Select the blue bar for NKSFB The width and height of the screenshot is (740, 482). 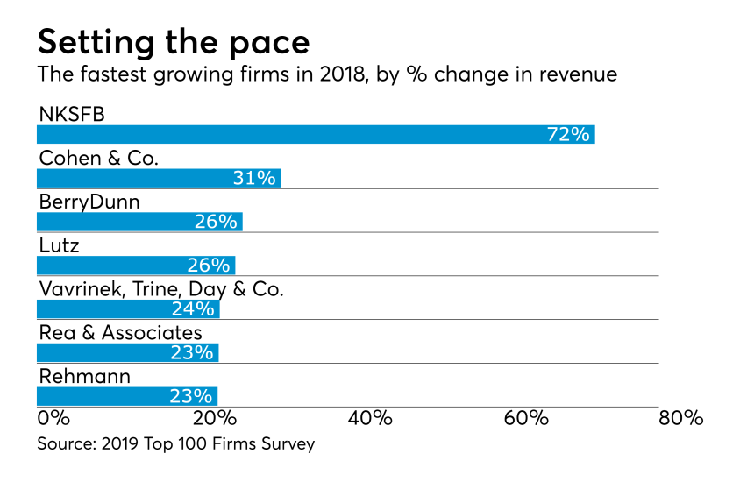316,134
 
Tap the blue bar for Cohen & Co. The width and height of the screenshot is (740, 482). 158,178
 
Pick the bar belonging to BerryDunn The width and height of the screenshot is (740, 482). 139,222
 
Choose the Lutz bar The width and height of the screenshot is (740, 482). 135,266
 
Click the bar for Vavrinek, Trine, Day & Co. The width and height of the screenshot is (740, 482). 127,308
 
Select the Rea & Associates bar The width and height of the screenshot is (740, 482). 126,352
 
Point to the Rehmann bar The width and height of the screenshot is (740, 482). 126,396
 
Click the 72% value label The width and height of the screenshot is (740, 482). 567,135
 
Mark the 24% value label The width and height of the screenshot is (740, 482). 193,308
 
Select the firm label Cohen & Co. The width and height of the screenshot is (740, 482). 98,158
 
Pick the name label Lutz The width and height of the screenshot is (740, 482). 59,245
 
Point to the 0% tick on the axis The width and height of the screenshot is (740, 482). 53,418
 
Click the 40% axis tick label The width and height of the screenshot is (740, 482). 370,418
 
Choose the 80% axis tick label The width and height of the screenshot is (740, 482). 681,418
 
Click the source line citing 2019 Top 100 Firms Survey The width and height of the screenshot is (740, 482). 175,444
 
